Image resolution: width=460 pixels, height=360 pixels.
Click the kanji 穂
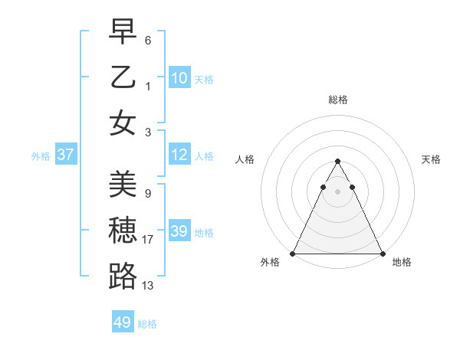tap(123, 230)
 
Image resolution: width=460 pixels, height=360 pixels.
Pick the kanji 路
tap(123, 276)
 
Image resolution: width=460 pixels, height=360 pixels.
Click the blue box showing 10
tap(179, 78)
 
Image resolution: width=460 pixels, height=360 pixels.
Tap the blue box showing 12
tap(179, 155)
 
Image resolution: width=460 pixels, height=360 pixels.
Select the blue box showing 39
tap(179, 232)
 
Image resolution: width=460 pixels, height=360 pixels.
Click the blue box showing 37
tap(66, 155)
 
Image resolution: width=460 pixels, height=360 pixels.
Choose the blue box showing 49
tap(123, 322)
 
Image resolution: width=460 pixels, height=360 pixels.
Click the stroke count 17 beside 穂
tap(148, 240)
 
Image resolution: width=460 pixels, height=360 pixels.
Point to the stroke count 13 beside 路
tap(148, 286)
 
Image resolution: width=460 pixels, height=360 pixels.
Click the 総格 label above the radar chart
tap(337, 100)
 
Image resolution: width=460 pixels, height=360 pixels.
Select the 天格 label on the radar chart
tap(431, 159)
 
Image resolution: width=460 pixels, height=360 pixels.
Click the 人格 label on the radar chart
tap(245, 159)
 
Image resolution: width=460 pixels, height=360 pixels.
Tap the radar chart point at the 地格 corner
tap(383, 254)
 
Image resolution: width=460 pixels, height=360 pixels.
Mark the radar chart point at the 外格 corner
tap(293, 254)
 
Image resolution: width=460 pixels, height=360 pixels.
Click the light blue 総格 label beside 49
tap(147, 324)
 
